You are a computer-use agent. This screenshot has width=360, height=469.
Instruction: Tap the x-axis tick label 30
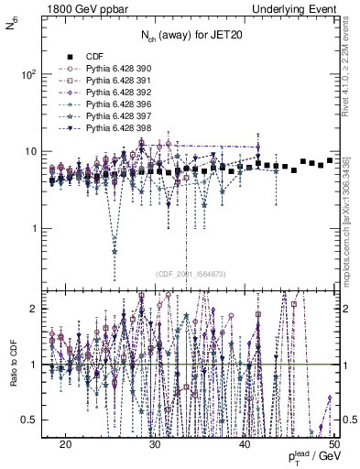click(x=155, y=442)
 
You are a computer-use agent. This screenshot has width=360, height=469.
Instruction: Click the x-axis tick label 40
click(x=244, y=442)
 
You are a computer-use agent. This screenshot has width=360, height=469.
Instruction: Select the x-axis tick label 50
click(x=333, y=442)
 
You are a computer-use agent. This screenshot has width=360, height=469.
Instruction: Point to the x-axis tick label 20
click(x=66, y=442)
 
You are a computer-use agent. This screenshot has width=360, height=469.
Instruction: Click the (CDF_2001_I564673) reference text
click(x=191, y=274)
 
